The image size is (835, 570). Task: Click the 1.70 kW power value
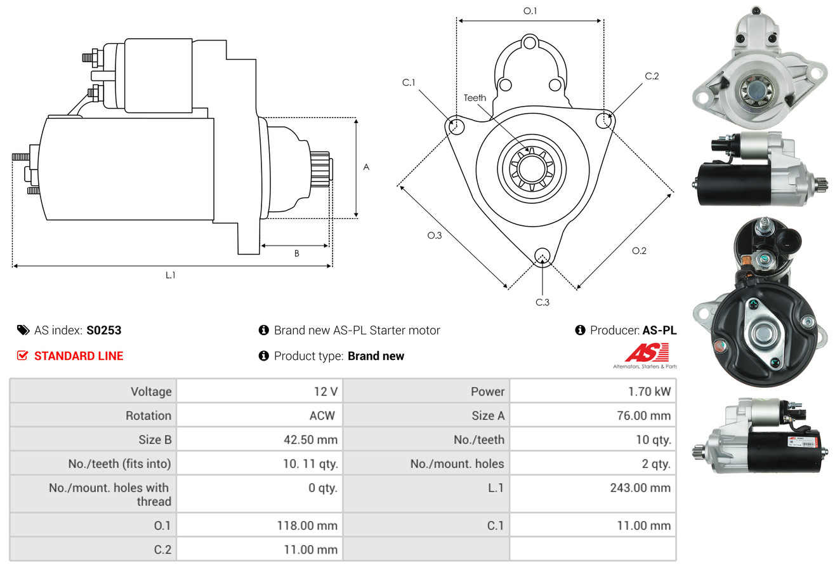pos(649,392)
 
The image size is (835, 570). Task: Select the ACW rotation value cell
pos(322,416)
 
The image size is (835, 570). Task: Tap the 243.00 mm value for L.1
pos(641,488)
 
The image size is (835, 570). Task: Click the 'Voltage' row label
pos(151,392)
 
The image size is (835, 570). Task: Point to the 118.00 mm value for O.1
pos(307,526)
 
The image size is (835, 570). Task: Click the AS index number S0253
pos(103,330)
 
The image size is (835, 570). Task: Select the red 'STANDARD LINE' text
pos(79,356)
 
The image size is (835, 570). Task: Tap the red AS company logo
pos(647,353)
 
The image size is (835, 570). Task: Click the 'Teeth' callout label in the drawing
pos(475,98)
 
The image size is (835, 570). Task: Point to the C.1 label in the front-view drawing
pos(409,83)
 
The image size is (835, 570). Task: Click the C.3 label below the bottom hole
pos(542,302)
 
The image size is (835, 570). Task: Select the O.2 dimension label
pos(639,251)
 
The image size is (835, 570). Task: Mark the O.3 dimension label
pos(434,235)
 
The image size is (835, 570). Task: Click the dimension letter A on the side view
pos(366,168)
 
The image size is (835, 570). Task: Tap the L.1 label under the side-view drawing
pos(170,275)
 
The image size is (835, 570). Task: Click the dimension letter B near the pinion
pos(296,254)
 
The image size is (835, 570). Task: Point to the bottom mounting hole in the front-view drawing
pos(542,256)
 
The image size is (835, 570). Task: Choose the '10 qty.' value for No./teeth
pos(653,440)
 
